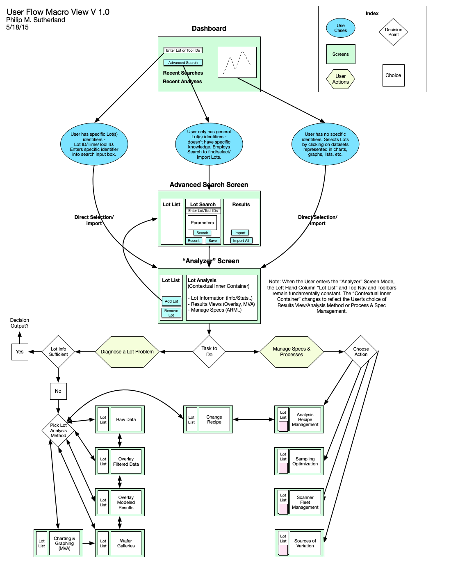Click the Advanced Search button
[183, 63]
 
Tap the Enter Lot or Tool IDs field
[183, 50]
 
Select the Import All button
[241, 241]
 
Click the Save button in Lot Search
[213, 241]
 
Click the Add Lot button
[171, 301]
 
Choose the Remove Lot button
[171, 313]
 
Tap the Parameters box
[202, 223]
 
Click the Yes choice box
[20, 352]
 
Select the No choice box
[58, 391]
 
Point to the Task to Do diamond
[209, 352]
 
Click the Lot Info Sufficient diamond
[58, 352]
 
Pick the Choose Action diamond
[361, 352]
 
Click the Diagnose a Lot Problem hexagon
[127, 352]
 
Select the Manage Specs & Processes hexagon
[292, 352]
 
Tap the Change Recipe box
[214, 419]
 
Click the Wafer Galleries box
[126, 543]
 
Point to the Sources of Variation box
[305, 543]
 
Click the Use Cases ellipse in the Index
[341, 28]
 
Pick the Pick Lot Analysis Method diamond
[58, 430]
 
